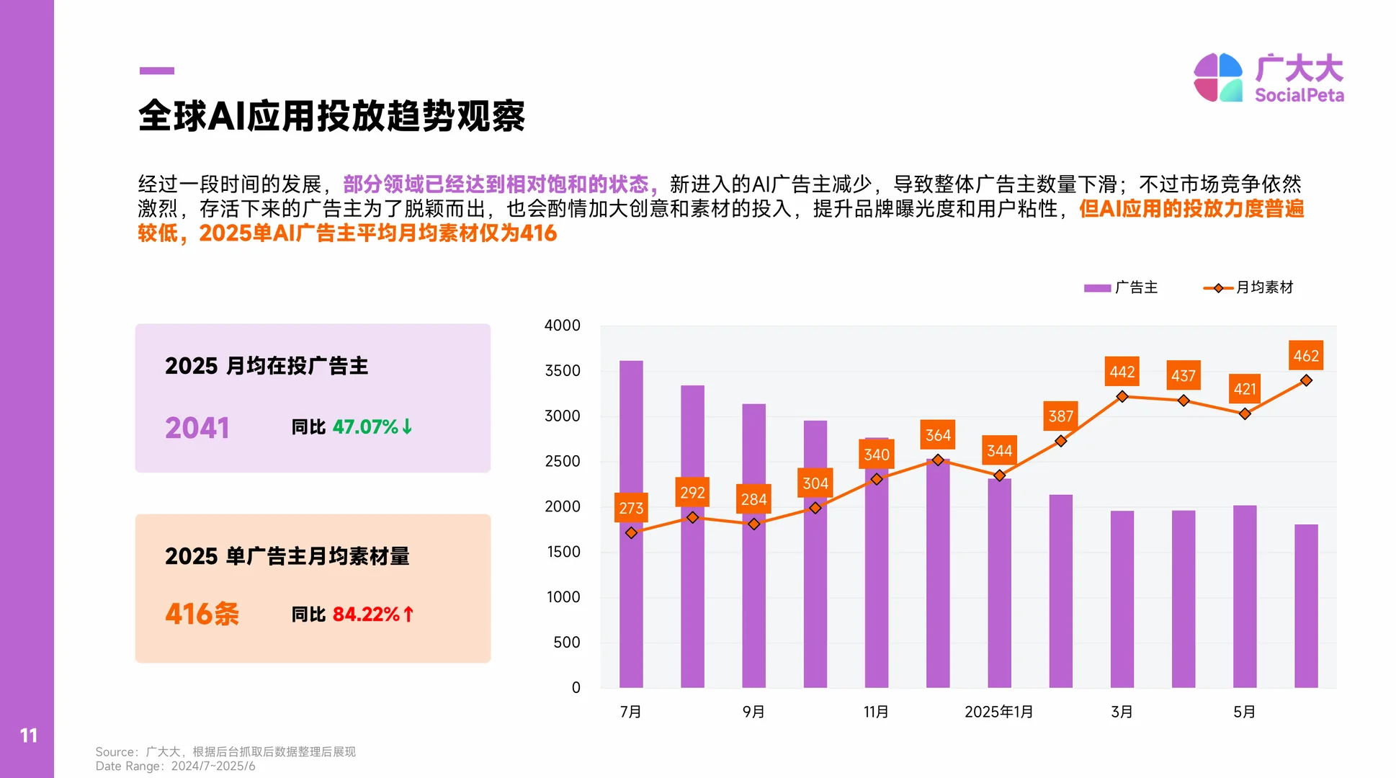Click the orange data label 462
[x=1305, y=356]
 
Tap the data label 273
[x=631, y=508]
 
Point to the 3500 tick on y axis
[x=562, y=371]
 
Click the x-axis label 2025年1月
[x=998, y=712]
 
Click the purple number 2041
[x=197, y=428]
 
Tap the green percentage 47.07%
[x=365, y=427]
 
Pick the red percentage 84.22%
[x=366, y=614]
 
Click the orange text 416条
[x=202, y=614]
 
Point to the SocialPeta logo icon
[x=1217, y=77]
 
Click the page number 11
[x=28, y=735]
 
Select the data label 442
[x=1122, y=372]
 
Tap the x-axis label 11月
[x=876, y=712]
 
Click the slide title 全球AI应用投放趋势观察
[x=331, y=116]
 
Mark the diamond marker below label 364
[x=938, y=460]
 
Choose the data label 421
[x=1244, y=389]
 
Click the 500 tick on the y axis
[x=566, y=643]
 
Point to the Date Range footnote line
[x=175, y=766]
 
